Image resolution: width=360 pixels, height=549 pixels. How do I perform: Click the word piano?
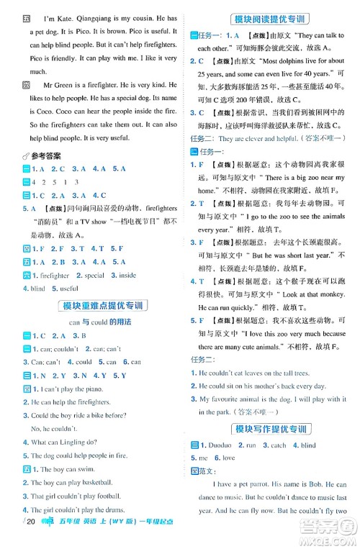(89, 389)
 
